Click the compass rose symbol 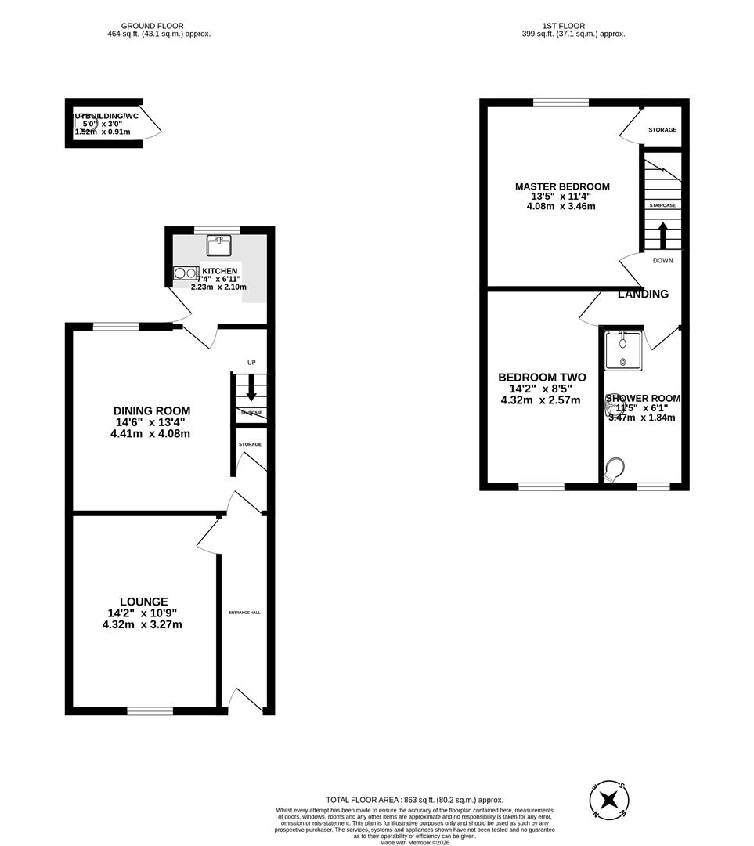[x=609, y=801]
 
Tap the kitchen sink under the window [x=218, y=246]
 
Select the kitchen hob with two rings [x=185, y=273]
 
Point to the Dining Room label [x=151, y=410]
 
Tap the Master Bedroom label [x=561, y=186]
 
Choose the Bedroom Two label [x=540, y=377]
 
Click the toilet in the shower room [x=615, y=468]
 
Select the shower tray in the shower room [x=623, y=349]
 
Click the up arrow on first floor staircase [x=662, y=234]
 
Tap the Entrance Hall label [x=244, y=612]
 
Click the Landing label [x=643, y=295]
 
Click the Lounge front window [x=150, y=710]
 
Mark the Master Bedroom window [x=561, y=102]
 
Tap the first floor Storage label [x=662, y=130]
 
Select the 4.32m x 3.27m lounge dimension [x=143, y=624]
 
